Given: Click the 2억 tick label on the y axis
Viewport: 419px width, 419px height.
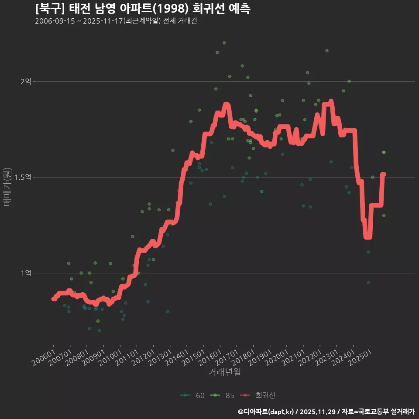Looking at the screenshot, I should pyautogui.click(x=26, y=81).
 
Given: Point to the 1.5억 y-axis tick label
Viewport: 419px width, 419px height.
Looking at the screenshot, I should pyautogui.click(x=23, y=177).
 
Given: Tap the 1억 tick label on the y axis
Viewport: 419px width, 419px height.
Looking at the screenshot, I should pyautogui.click(x=26, y=273).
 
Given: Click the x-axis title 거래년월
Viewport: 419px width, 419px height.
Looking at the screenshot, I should pyautogui.click(x=224, y=372).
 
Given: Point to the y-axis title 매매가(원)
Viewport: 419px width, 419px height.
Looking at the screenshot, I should pyautogui.click(x=7, y=186).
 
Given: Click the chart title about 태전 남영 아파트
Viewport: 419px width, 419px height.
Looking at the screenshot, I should pyautogui.click(x=143, y=9).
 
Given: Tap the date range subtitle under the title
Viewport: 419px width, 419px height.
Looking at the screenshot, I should pyautogui.click(x=116, y=21).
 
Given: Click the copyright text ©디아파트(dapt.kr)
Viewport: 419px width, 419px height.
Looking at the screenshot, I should pyautogui.click(x=267, y=411).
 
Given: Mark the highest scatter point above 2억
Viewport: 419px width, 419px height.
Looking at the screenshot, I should pyautogui.click(x=224, y=43).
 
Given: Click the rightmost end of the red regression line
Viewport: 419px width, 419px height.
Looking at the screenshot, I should pyautogui.click(x=384, y=174).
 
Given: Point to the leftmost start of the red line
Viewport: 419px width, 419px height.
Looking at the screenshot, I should pyautogui.click(x=53, y=299).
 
